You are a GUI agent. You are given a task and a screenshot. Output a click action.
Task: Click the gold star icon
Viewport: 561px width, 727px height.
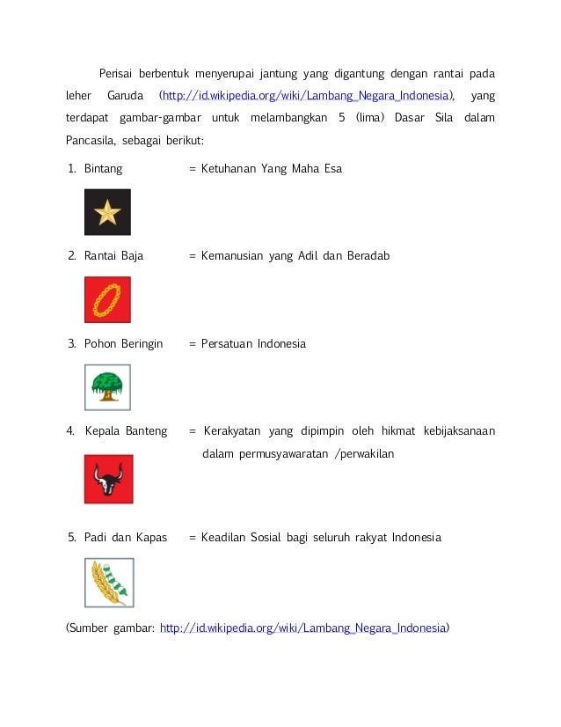[107, 212]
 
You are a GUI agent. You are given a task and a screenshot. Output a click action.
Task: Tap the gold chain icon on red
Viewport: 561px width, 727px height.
[107, 300]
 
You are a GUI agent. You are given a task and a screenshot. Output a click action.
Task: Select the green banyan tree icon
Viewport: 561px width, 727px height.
[107, 387]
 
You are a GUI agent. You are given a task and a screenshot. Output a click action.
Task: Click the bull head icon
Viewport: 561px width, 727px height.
[108, 479]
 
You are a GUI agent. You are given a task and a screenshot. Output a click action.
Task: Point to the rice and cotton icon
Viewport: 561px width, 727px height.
[108, 582]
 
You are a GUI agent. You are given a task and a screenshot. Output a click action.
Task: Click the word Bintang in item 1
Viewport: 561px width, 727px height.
[103, 168]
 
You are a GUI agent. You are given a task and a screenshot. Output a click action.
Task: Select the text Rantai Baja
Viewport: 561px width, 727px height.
[113, 256]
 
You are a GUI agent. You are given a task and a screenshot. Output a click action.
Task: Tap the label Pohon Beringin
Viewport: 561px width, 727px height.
[123, 344]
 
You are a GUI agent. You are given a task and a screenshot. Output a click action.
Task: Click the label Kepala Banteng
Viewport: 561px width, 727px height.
[126, 431]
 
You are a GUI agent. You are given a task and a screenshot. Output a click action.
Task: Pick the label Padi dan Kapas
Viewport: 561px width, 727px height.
[125, 537]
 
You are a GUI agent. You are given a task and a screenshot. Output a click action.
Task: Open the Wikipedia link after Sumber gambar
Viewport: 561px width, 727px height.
[303, 628]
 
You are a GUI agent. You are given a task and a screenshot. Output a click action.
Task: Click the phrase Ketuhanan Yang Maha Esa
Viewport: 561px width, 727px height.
[271, 168]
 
